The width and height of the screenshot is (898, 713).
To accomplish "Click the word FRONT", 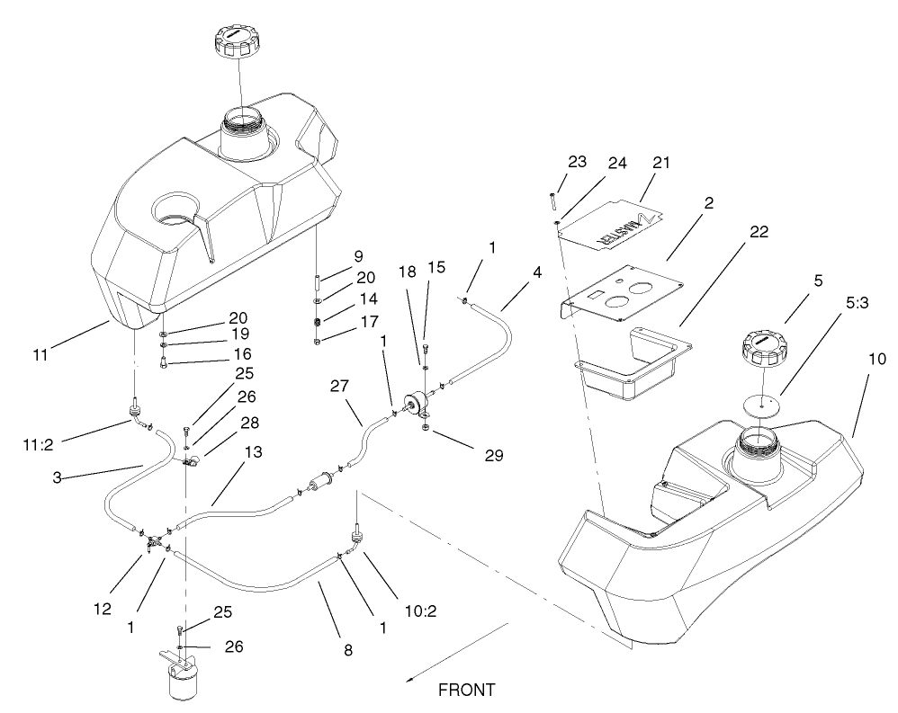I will [466, 691].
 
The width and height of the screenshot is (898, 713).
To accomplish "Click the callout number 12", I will [103, 608].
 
